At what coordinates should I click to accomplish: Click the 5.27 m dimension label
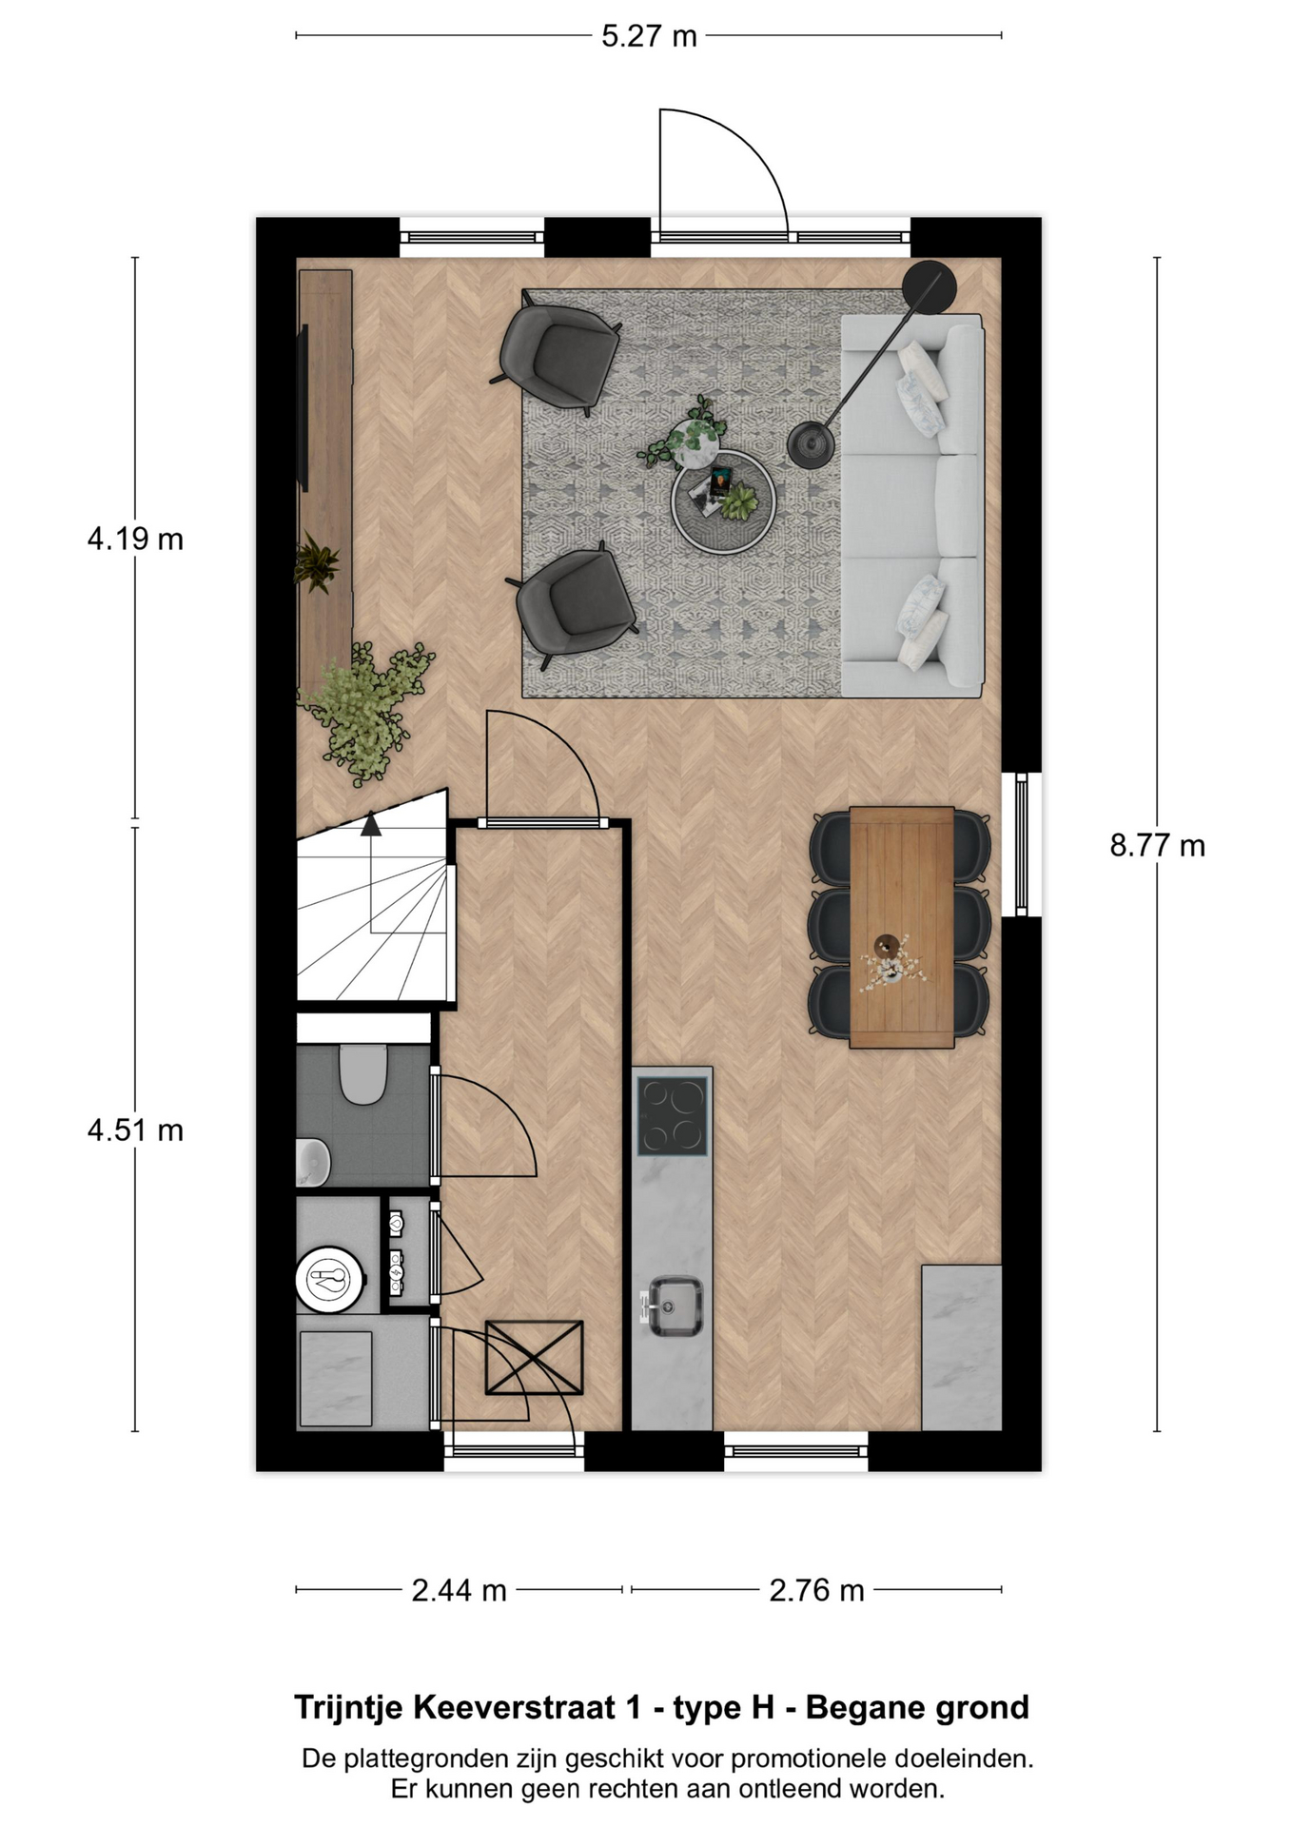649,36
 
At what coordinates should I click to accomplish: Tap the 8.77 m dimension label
1157,845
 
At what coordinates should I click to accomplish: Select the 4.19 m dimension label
135,540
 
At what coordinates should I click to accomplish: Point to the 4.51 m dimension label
135,1130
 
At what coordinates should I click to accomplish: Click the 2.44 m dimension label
459,1590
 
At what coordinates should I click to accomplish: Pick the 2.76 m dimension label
816,1590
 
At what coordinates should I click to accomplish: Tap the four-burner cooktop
673,1115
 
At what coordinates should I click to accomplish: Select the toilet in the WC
362,1073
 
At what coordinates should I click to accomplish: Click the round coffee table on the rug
723,501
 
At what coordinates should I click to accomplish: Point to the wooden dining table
901,927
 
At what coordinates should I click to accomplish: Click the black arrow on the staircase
371,824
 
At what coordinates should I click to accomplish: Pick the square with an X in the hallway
534,1357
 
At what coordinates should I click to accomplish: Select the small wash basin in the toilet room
312,1162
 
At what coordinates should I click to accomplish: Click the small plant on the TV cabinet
316,562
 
